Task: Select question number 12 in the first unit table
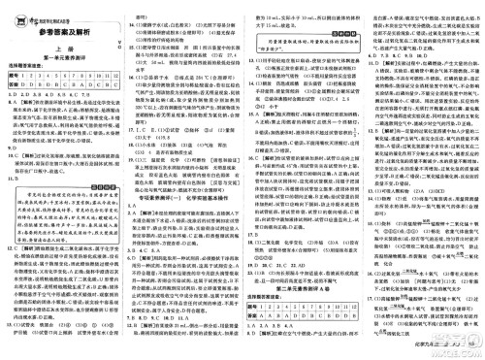117,77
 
